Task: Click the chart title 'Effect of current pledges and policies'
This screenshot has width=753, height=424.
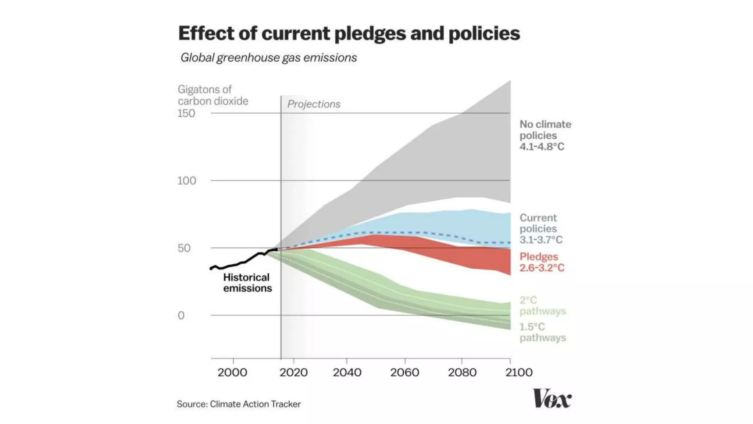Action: [349, 33]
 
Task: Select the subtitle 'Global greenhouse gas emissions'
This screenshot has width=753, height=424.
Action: [268, 58]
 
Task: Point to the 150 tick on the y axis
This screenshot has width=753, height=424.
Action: [186, 113]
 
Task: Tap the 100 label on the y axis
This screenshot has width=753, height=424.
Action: [187, 181]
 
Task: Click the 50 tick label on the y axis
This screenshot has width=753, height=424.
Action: [184, 248]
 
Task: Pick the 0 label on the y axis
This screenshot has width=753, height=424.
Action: [181, 315]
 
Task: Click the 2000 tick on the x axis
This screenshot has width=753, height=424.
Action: [232, 372]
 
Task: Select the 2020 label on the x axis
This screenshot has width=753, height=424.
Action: [293, 372]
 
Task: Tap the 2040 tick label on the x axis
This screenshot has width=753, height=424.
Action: [347, 372]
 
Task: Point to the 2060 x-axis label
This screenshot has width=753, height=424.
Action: [404, 372]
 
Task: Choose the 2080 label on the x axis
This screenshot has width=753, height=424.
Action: [462, 372]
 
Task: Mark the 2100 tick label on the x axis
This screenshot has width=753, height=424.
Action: [519, 372]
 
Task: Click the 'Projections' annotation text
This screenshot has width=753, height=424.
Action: [314, 104]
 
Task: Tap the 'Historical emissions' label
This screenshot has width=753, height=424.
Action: [247, 283]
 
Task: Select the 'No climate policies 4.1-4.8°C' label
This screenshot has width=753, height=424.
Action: [545, 135]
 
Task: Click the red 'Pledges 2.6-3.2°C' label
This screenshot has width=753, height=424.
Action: [542, 262]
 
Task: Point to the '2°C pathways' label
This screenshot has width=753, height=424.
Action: [542, 305]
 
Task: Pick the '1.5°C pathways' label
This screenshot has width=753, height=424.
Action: [542, 332]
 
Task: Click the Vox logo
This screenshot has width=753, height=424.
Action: [552, 399]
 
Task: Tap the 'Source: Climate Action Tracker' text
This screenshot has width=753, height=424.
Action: [239, 404]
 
